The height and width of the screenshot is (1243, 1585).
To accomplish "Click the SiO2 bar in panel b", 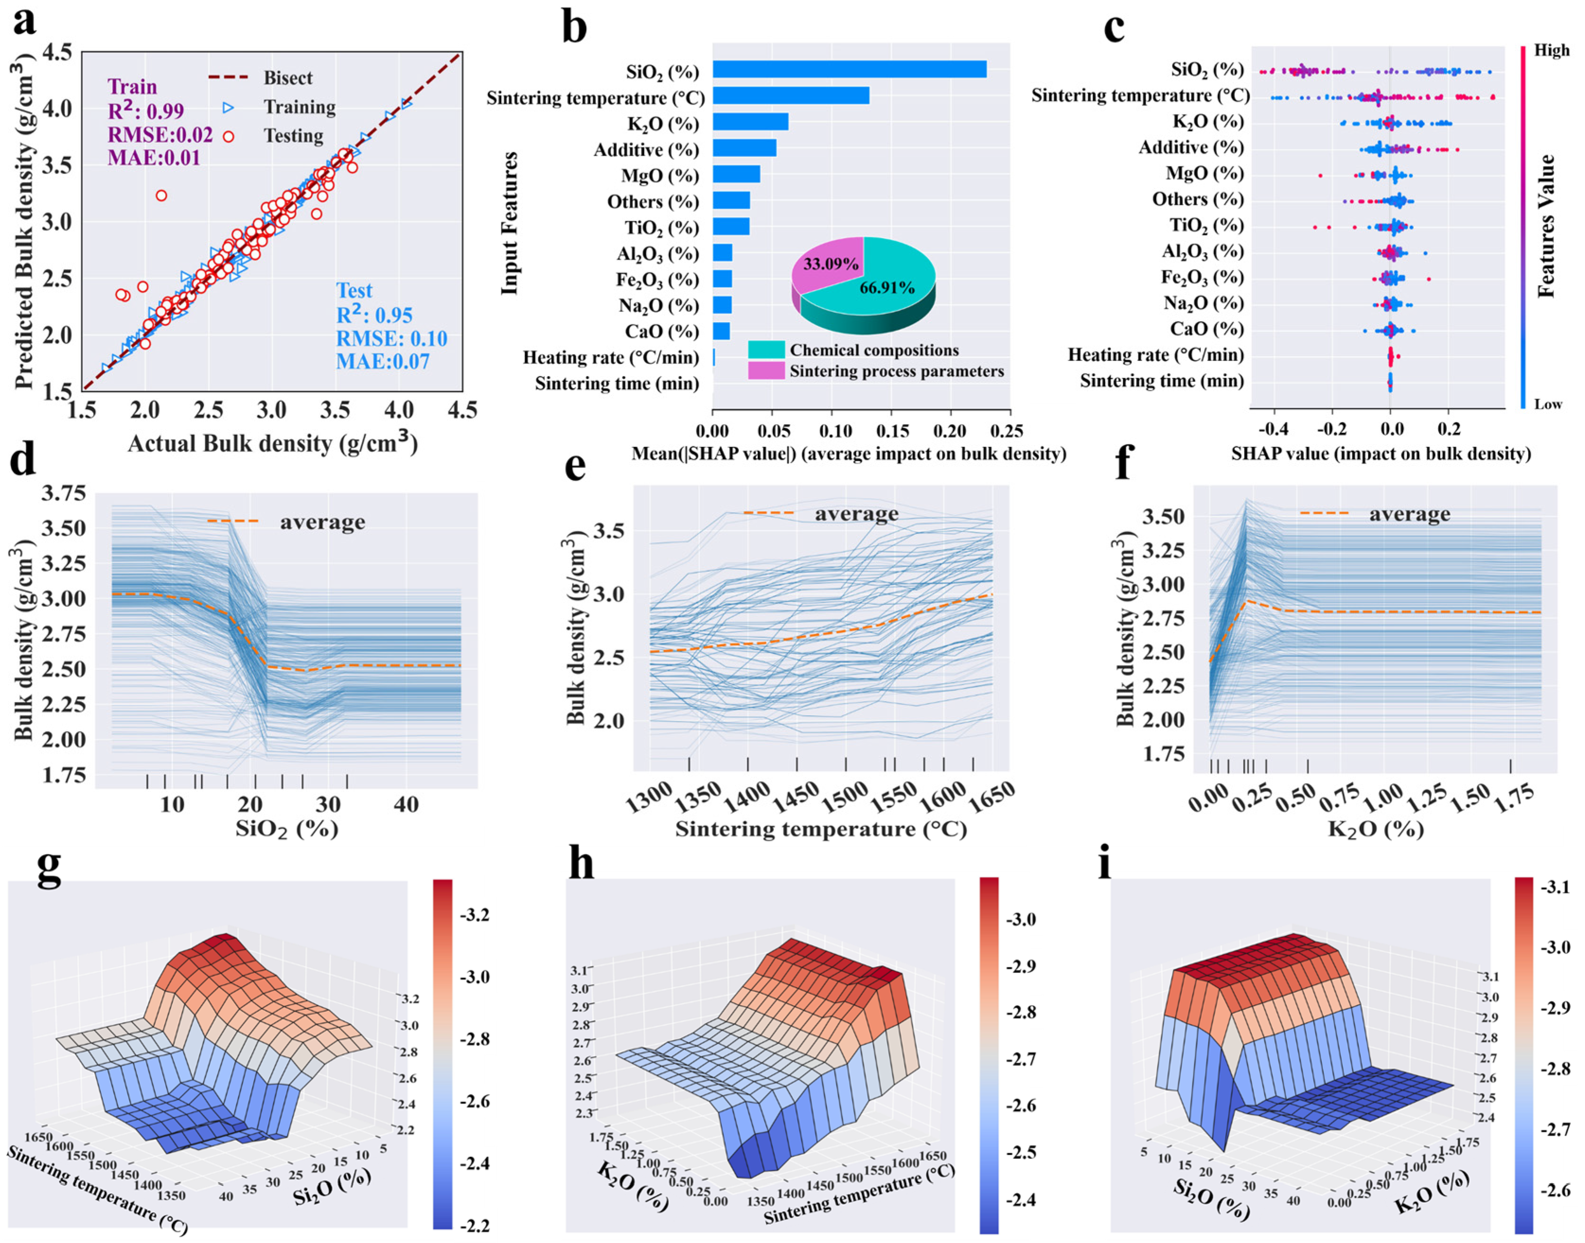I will [x=849, y=69].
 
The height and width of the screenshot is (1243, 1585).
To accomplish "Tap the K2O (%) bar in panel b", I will [x=750, y=122].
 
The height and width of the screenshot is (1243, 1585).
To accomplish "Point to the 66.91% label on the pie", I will [x=887, y=288].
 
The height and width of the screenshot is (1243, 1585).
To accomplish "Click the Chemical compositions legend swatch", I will [x=766, y=350].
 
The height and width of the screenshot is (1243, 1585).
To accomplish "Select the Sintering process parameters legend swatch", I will [x=766, y=371].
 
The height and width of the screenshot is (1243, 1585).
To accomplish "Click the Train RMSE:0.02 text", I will [x=160, y=135].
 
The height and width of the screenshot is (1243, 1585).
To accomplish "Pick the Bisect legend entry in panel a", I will [x=288, y=78].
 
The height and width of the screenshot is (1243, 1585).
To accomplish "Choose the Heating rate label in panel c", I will [x=1155, y=355].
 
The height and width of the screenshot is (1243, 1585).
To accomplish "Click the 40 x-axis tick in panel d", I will [x=406, y=804].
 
